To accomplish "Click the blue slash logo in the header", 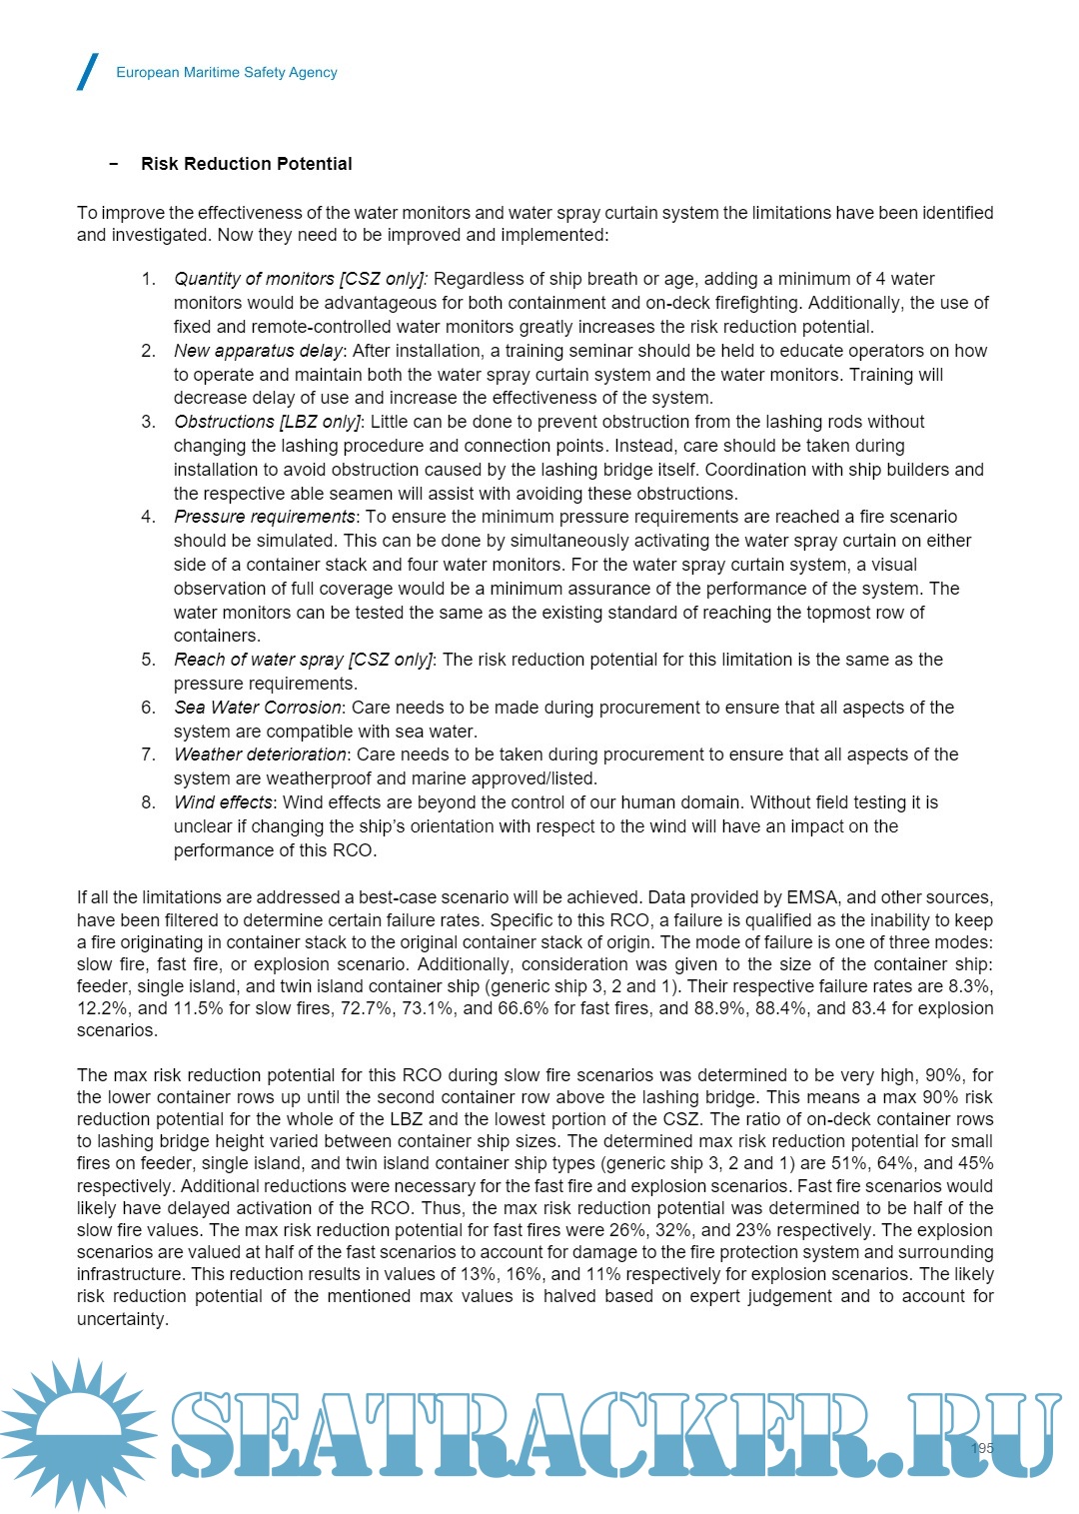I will tap(88, 72).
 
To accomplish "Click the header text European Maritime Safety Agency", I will tap(227, 72).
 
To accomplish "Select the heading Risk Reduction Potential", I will tap(246, 164).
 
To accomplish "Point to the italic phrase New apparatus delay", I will tap(258, 351).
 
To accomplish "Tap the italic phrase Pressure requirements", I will tap(265, 517).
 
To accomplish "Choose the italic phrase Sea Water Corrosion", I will tap(258, 708).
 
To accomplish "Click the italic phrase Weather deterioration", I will tap(260, 755).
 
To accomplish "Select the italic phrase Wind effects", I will tap(223, 802).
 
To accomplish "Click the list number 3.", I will tap(148, 422).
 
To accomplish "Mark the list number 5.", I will tap(148, 660).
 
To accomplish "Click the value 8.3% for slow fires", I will tap(971, 986).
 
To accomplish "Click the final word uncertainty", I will tap(121, 1319).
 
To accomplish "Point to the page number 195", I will tap(982, 1448).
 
